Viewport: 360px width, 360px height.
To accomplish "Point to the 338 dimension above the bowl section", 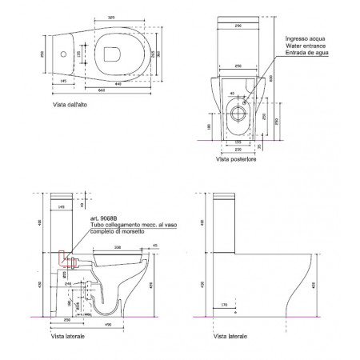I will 118,248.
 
